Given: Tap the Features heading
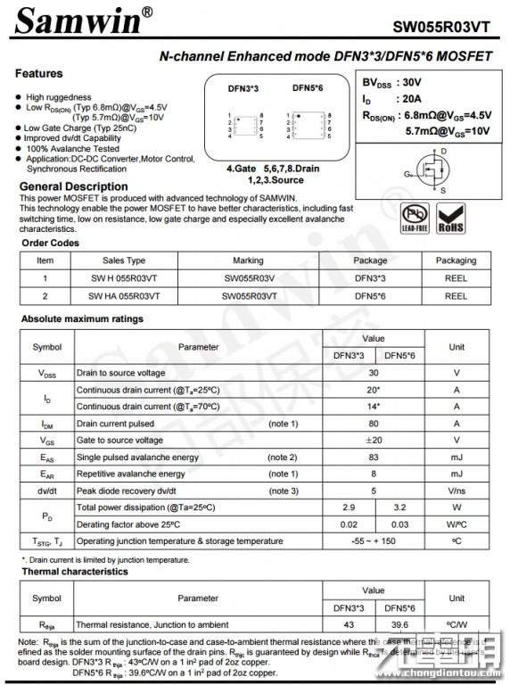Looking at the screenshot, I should [x=39, y=74].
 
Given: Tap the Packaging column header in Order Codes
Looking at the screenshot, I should [x=456, y=260].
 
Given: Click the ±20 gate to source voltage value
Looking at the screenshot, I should [x=374, y=440].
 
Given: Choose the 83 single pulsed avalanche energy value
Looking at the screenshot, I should [x=374, y=457].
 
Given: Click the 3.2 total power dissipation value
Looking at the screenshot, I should [x=399, y=507].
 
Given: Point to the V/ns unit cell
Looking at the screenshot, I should [x=457, y=491].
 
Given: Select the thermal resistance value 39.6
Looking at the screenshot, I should [x=399, y=624].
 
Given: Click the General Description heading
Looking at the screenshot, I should [x=74, y=186].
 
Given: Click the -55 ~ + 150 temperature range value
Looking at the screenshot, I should [x=374, y=541].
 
